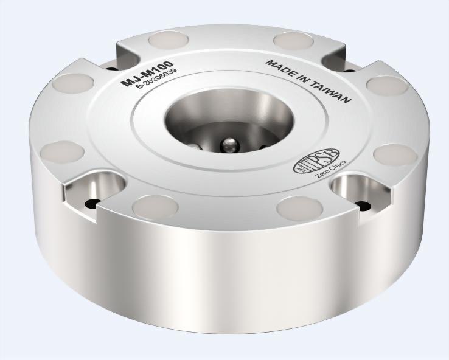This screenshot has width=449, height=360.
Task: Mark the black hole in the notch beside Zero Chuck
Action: coord(363,207)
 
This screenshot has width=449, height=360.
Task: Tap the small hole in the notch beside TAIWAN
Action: coord(346,69)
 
